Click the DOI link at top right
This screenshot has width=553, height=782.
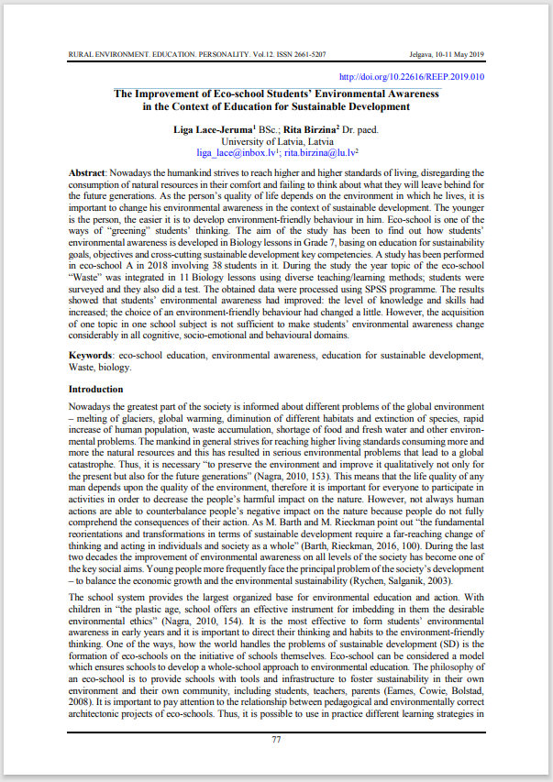[412, 77]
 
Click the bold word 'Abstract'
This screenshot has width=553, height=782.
[87, 173]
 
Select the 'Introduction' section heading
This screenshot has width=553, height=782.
[96, 390]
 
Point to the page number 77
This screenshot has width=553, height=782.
[277, 739]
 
